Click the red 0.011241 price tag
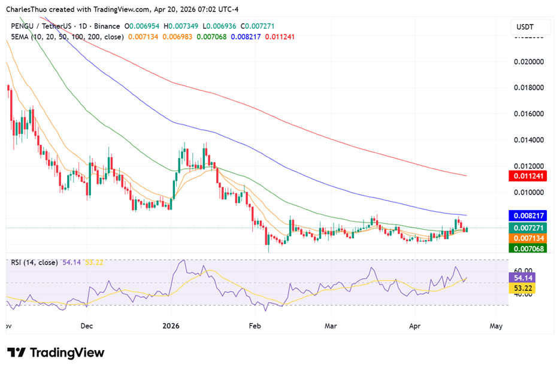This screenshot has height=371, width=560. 528,176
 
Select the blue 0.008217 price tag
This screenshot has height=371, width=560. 528,215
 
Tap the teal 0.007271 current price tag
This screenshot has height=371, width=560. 528,228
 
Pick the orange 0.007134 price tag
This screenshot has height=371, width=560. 528,238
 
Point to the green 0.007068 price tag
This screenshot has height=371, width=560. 528,248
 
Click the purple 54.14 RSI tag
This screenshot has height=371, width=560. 523,278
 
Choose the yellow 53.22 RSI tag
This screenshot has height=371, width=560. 523,288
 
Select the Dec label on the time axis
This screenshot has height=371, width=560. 86,326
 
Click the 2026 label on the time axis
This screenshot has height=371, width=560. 171,326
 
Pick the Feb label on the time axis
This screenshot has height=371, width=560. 255,326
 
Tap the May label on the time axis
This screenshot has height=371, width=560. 496,326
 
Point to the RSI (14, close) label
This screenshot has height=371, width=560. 34,262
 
